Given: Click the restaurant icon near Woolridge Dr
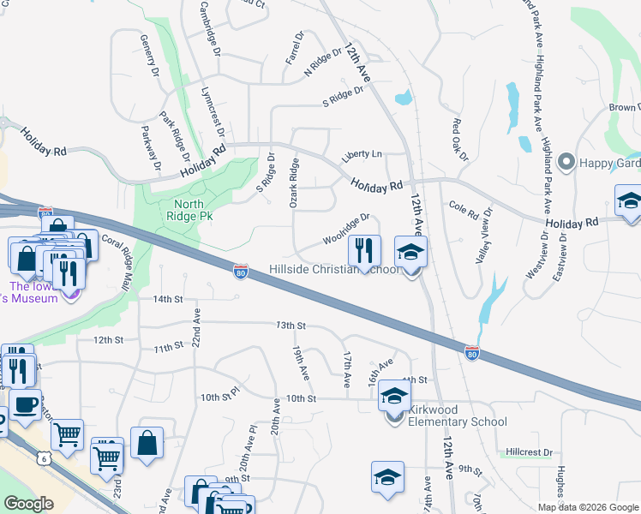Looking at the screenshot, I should tap(364, 250).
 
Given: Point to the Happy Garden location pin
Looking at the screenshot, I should tap(566, 162).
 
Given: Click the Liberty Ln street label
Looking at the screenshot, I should tap(361, 155).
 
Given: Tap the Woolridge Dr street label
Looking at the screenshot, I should tap(346, 230).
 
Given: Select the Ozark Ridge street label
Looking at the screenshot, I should tap(294, 182).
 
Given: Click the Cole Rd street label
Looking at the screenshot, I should tap(463, 207).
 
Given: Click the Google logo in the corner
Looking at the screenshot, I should tap(29, 504).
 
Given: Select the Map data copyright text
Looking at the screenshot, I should tap(588, 507).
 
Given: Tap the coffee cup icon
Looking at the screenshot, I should tap(25, 404).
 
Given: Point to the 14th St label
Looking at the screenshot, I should tap(168, 299).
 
